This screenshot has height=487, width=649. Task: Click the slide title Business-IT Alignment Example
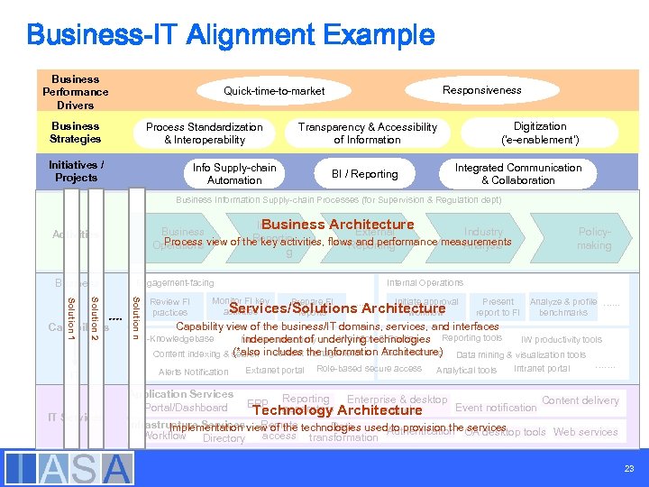[x=230, y=35]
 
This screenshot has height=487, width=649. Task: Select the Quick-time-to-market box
[x=274, y=91]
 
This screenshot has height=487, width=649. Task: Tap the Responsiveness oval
[x=481, y=90]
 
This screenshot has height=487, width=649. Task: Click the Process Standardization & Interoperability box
[x=205, y=133]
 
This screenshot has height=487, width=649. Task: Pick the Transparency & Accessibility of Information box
[x=367, y=133]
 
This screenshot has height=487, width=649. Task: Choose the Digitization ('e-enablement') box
[x=540, y=133]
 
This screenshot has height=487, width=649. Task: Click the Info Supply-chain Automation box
[x=234, y=174]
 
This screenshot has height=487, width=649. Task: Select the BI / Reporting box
[x=364, y=174]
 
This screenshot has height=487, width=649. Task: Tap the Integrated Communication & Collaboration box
[x=518, y=174]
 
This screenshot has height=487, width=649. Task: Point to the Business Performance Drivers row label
[x=76, y=92]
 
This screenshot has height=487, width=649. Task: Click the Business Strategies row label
[x=76, y=133]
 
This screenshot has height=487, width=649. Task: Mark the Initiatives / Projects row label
[x=76, y=171]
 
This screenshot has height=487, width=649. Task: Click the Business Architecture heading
[x=338, y=225]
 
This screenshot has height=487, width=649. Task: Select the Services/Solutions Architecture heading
[x=337, y=309]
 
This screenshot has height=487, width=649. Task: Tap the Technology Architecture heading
[x=338, y=410]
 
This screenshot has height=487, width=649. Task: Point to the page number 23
[x=628, y=469]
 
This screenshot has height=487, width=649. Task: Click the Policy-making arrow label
[x=594, y=238]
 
